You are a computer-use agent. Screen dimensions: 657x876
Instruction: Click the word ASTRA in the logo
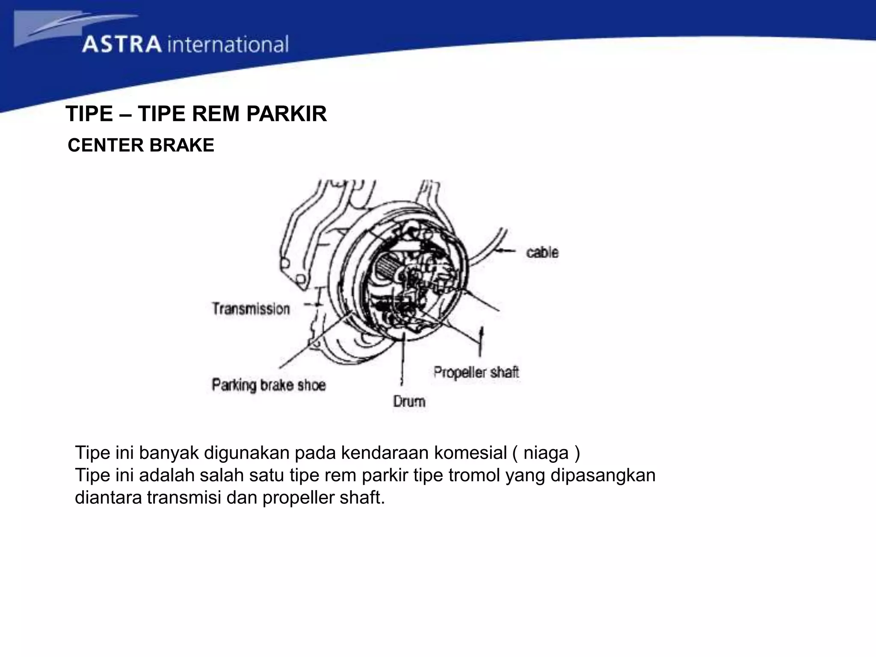pos(121,44)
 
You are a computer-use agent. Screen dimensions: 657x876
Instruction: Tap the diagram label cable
pos(542,252)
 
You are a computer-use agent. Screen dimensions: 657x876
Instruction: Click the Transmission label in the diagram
pos(251,309)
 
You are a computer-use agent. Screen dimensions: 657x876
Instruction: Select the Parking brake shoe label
pos(269,385)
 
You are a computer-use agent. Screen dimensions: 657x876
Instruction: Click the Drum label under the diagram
pos(409,401)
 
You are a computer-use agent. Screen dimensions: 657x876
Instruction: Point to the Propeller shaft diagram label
pos(476,372)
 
